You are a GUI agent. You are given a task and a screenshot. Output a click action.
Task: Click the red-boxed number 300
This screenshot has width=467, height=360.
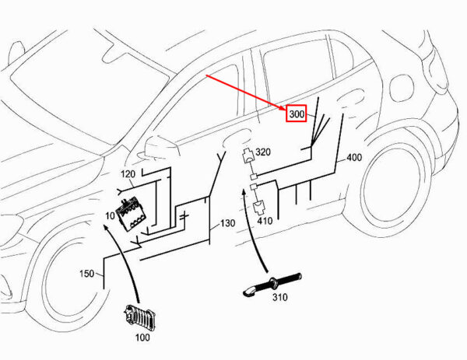(297, 114)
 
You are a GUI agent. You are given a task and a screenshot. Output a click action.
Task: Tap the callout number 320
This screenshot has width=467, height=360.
(263, 152)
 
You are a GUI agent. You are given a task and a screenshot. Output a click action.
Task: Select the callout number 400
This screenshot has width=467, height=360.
(354, 157)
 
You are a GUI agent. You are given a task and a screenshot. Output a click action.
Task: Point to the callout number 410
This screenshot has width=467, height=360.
(265, 221)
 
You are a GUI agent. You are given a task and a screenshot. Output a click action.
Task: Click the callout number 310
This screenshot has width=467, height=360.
(280, 297)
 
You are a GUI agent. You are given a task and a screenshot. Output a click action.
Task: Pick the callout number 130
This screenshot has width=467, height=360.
(228, 223)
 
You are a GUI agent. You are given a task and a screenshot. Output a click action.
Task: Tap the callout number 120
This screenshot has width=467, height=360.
(128, 174)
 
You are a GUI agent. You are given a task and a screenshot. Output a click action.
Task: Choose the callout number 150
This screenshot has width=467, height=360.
(86, 274)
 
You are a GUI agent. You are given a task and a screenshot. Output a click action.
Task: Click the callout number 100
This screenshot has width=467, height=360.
(142, 337)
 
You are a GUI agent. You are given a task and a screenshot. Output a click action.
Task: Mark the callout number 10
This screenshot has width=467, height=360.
(110, 215)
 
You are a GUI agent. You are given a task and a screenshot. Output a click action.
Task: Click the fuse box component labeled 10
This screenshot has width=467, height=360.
(132, 214)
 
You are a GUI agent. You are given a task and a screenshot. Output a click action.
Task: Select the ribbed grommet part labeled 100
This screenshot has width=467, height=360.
(139, 317)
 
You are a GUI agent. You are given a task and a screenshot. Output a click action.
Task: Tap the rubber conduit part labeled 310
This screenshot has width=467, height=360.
(272, 284)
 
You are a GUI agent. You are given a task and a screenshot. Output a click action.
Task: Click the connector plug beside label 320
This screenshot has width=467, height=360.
(248, 156)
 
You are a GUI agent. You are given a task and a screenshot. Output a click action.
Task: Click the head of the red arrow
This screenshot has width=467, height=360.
(284, 109)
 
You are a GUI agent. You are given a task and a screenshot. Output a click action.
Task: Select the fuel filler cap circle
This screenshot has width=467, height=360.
(402, 89)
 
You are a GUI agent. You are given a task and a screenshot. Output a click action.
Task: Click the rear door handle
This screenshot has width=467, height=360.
(352, 98)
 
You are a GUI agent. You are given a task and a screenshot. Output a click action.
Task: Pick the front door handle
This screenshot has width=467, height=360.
(237, 138)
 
